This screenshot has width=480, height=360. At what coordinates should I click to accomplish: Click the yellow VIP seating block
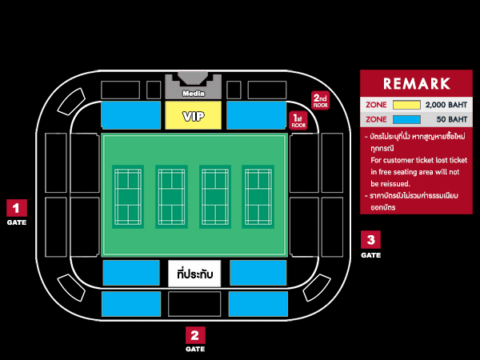(193, 116)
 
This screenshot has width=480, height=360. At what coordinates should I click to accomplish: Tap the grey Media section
(193, 90)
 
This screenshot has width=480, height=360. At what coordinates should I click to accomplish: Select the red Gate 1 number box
(16, 208)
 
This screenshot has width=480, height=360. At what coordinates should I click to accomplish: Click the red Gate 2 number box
(195, 335)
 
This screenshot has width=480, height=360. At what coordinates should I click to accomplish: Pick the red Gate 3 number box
(370, 239)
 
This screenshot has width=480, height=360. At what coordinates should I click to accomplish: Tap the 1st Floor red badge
(298, 120)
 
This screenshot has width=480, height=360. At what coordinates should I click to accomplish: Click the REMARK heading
(416, 83)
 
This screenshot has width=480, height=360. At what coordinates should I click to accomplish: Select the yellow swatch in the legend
(406, 105)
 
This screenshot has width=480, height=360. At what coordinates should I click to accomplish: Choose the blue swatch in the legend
(406, 119)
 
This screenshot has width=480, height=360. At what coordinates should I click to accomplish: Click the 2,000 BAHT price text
(446, 105)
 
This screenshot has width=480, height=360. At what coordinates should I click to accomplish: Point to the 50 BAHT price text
(451, 119)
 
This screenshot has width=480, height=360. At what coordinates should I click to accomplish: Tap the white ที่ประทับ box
(194, 274)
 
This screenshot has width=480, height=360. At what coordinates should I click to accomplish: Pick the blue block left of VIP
(131, 115)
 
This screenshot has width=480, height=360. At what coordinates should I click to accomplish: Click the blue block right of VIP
(256, 115)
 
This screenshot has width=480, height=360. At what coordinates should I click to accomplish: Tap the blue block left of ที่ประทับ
(131, 273)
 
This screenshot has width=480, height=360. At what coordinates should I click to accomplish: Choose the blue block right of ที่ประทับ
(258, 273)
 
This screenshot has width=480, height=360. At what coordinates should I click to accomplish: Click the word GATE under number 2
(195, 350)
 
